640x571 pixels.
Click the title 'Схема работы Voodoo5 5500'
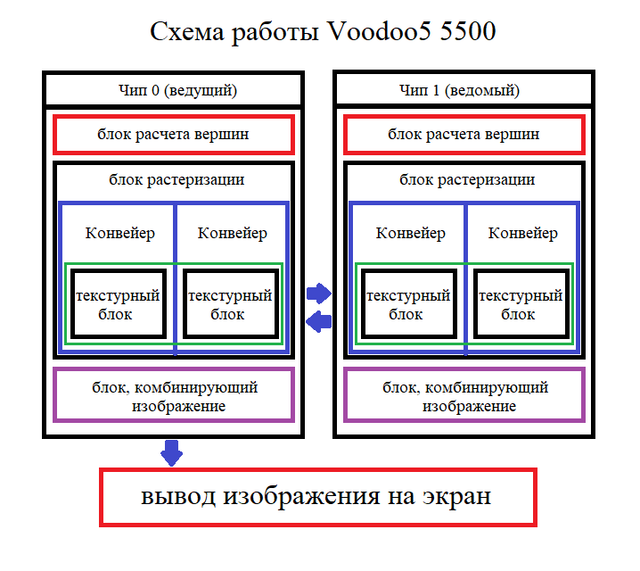click(x=323, y=32)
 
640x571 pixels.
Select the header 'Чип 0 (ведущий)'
click(x=174, y=90)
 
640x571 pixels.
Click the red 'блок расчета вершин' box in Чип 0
click(x=174, y=135)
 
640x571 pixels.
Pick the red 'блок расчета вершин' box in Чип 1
click(x=464, y=135)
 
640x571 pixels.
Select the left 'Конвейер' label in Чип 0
click(x=120, y=234)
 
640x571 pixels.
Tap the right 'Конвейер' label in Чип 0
click(x=232, y=234)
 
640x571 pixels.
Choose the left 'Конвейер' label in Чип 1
click(x=411, y=234)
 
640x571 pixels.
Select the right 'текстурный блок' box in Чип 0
click(x=228, y=304)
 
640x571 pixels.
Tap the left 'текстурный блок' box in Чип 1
click(x=408, y=304)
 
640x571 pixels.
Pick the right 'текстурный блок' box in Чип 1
click(x=519, y=304)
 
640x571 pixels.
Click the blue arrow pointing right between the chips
click(x=318, y=292)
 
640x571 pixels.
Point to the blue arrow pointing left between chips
click(x=318, y=320)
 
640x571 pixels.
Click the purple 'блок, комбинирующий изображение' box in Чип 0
click(x=174, y=396)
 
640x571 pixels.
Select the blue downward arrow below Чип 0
click(x=171, y=451)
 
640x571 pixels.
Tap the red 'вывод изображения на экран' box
click(x=316, y=497)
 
